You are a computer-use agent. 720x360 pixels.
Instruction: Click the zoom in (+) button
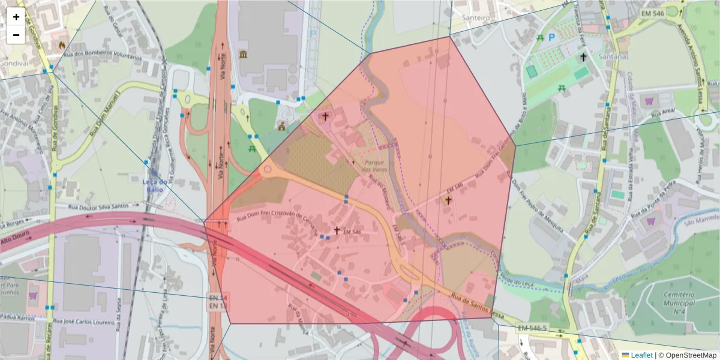coord(16,17)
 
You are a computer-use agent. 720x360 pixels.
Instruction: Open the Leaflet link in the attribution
coord(641,355)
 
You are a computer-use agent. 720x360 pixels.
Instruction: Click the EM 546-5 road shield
coord(532,328)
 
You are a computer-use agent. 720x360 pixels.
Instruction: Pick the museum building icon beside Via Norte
coord(243,55)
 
